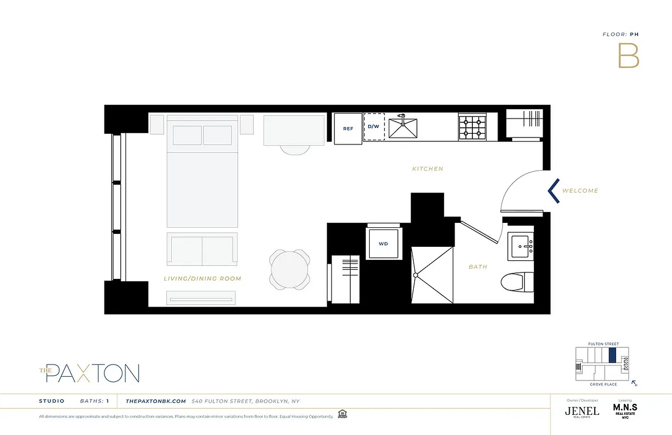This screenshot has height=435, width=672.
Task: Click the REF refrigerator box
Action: pos(348,129)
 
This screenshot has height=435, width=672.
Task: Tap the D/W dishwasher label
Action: pos(374,127)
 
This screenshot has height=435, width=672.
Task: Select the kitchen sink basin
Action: pos(402,129)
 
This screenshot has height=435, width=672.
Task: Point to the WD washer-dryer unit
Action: pos(383,243)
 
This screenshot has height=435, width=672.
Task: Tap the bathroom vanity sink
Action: pos(521,246)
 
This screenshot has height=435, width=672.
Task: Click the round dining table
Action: pos(290,269)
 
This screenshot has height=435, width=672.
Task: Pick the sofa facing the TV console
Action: pos(202,250)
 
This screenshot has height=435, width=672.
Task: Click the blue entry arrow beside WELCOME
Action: pos(553,191)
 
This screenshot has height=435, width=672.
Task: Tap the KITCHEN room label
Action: pos(427,169)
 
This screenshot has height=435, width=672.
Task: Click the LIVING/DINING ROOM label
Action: pos(202,278)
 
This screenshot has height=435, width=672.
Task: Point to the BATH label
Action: pos(478,267)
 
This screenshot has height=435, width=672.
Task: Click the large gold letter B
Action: pos(628,55)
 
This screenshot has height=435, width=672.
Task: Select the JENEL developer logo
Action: pos(582,411)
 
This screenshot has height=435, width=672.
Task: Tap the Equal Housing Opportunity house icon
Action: pos(342,414)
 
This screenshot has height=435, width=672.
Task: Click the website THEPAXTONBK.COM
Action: pos(156,401)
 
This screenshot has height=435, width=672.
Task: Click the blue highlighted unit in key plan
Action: pos(612,356)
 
